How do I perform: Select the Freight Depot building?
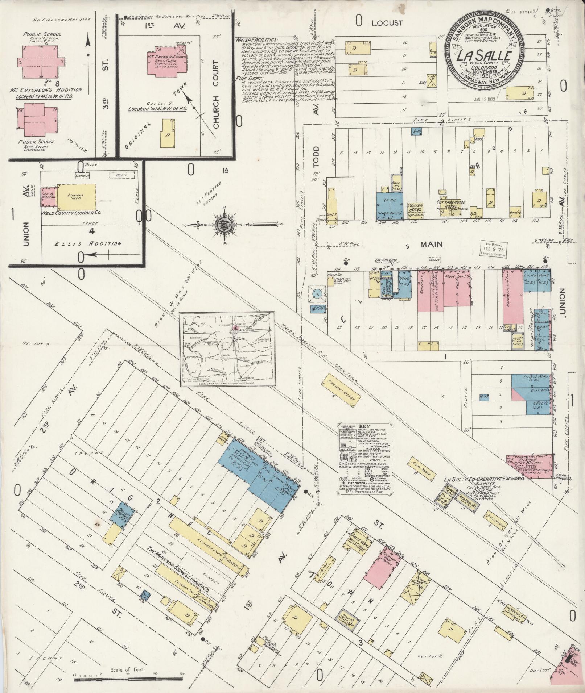point(341,389)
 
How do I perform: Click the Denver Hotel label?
point(416,208)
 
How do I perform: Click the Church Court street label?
point(217,95)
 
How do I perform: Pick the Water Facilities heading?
point(257,40)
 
